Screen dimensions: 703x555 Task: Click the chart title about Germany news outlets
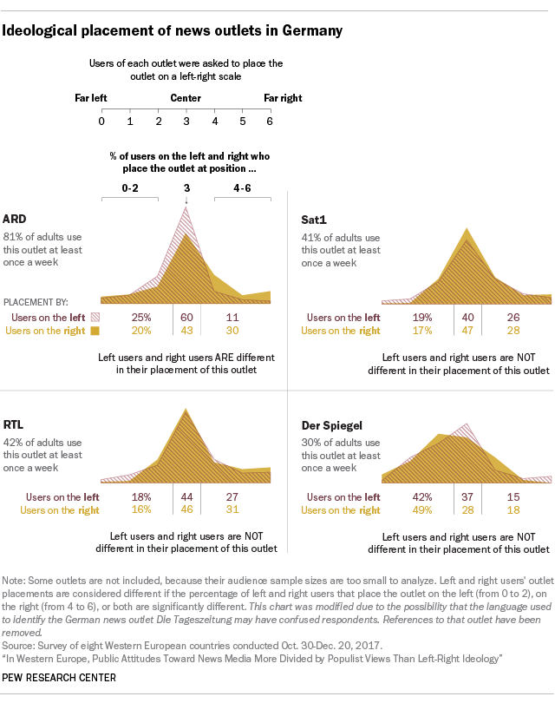coord(173,30)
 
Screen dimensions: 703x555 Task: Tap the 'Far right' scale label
coord(283,98)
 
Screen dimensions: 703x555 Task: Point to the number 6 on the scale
coord(270,121)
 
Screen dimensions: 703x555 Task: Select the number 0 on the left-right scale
coord(102,121)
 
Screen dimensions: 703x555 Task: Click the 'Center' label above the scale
coord(186,98)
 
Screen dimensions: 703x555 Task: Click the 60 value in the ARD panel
coord(186,318)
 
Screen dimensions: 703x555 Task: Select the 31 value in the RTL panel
coord(232,510)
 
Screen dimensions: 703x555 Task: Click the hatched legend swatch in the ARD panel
coord(95,318)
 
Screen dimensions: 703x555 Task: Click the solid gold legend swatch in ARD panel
coord(95,331)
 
